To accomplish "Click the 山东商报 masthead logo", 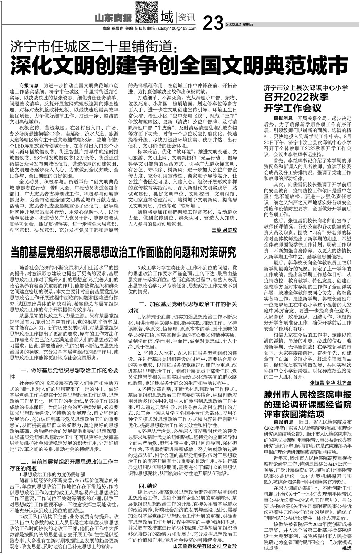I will pyautogui.click(x=113, y=17).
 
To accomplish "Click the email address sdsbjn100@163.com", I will pyautogui.click(x=176, y=29).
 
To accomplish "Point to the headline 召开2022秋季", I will pyautogui.click(x=296, y=98).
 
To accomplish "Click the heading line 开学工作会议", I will pyautogui.click(x=293, y=108).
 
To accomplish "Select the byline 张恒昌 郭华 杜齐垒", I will pyautogui.click(x=331, y=383).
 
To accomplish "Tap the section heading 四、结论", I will pyautogui.click(x=148, y=486).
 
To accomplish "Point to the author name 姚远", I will pyautogui.click(x=347, y=548).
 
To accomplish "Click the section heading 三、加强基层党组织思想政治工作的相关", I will pyautogui.click(x=188, y=304).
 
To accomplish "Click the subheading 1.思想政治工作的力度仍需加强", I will pyautogui.click(x=52, y=474).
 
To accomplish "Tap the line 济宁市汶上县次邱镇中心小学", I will pyautogui.click(x=306, y=88).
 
